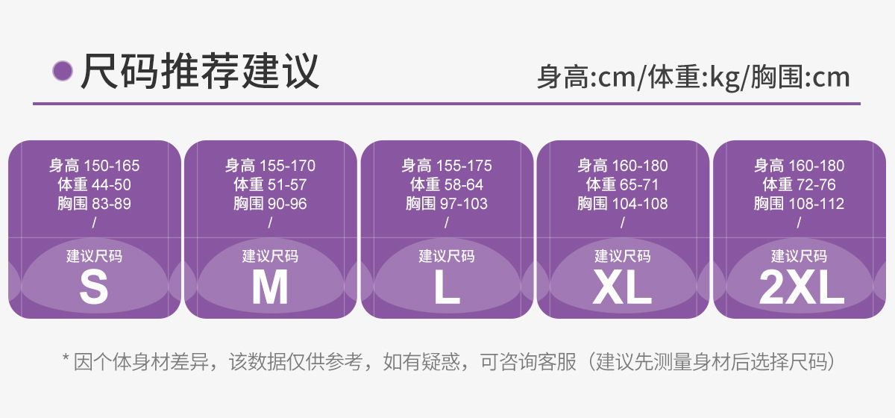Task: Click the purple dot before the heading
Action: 63,71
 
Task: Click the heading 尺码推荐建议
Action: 200,71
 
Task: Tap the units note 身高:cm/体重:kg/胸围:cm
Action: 694,77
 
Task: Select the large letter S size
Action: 94,288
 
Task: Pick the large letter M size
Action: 270,288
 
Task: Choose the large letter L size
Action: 447,288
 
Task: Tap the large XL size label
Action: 623,288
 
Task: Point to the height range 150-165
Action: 112,166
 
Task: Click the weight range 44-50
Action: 110,185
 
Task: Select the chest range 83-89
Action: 110,204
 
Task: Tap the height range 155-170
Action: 288,166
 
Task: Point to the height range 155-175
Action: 465,166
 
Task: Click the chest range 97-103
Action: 464,204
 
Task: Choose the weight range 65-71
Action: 639,185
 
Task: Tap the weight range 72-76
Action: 816,185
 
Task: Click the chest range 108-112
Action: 817,204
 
